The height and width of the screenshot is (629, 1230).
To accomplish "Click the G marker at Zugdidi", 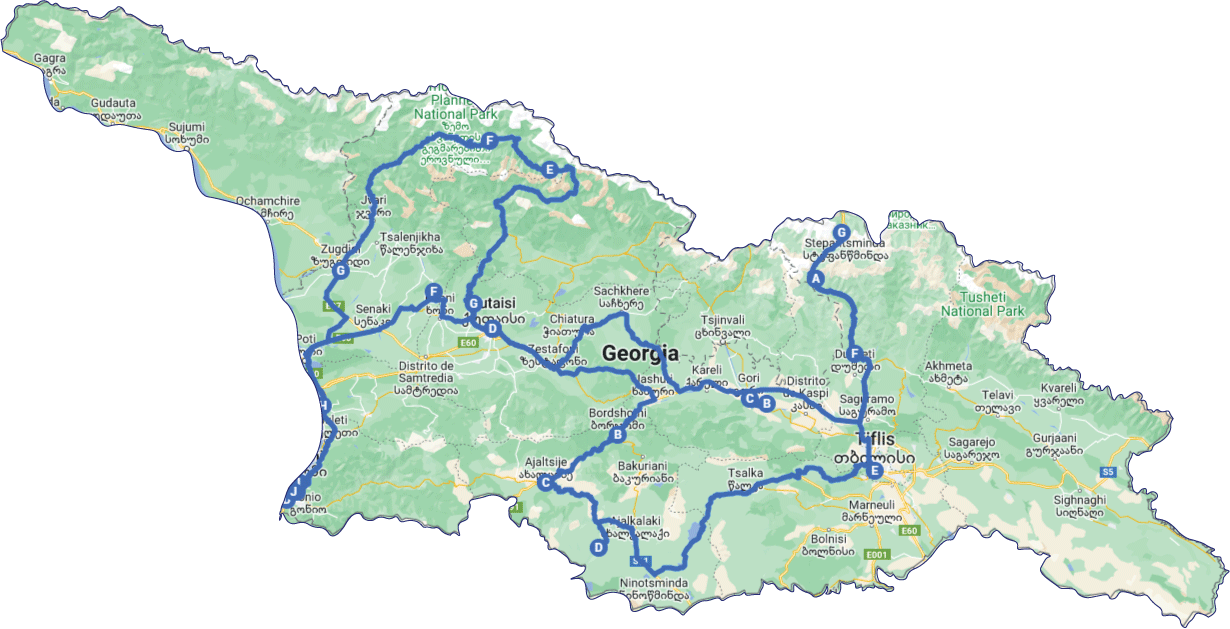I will pos(340,270).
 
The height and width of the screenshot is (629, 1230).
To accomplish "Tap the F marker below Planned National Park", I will pos(491,141).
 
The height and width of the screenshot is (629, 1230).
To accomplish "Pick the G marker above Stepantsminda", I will pos(841,232).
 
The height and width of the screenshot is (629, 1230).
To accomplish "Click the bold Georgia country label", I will pos(640,353).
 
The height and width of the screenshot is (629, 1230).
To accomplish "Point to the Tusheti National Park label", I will pos(983,303).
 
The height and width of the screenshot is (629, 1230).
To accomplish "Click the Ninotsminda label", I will pos(653,582).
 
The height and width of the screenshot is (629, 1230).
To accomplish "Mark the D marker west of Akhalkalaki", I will pos(598,547).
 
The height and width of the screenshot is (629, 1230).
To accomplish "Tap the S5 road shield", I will pos(1107,471).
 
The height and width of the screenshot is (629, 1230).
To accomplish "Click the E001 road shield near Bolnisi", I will pos(877,554).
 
